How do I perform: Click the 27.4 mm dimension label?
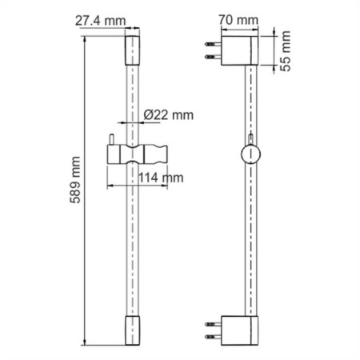(x=100, y=21)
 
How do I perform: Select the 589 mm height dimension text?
(x=75, y=180)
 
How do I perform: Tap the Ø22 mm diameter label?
(x=168, y=115)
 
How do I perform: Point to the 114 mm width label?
(x=161, y=178)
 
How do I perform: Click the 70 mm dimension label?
(x=238, y=20)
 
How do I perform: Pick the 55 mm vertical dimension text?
(x=286, y=50)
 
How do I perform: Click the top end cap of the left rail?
(x=132, y=50)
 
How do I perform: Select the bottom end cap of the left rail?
(x=132, y=330)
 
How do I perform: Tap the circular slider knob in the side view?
(x=250, y=154)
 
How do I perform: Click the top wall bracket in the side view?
(x=239, y=50)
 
